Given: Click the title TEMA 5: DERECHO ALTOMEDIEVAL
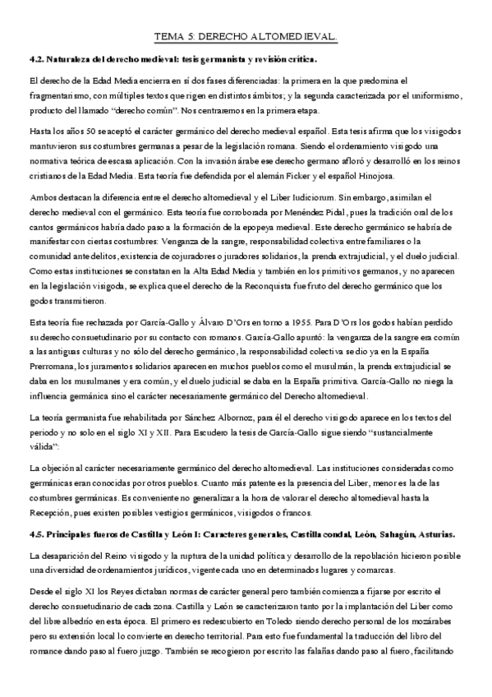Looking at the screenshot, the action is click(x=246, y=37).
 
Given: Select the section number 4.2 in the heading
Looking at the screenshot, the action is click(x=36, y=60).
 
